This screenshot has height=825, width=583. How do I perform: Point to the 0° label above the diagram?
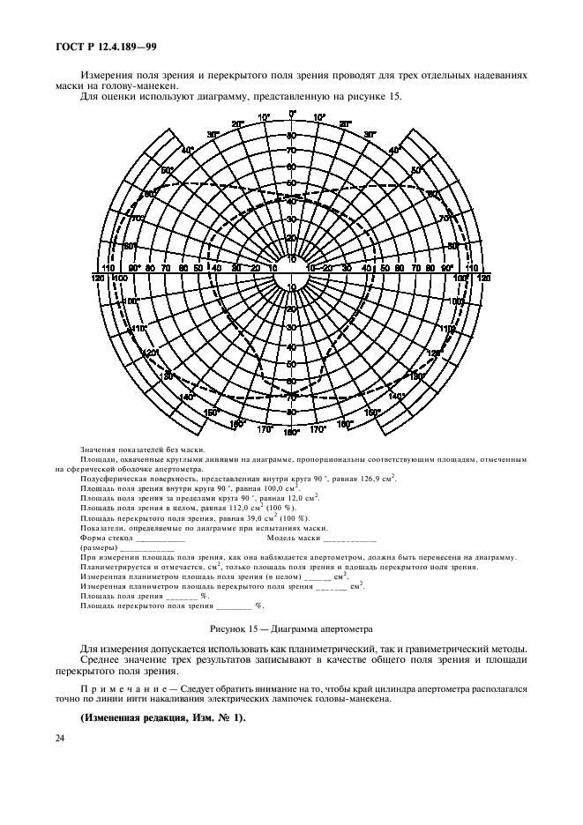(292, 114)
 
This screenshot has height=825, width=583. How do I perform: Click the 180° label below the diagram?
(292, 433)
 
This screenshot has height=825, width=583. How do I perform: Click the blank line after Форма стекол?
(161, 539)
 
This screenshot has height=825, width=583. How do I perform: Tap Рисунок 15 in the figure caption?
(238, 630)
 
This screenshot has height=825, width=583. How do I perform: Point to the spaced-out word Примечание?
(122, 685)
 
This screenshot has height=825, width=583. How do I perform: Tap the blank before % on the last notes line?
(235, 606)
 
